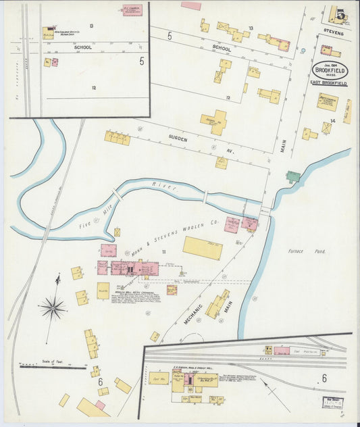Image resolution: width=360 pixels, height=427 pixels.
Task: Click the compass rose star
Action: pyautogui.click(x=52, y=308)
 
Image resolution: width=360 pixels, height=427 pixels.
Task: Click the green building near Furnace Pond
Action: pyautogui.click(x=292, y=177)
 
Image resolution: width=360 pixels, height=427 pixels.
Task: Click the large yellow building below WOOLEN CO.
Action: pyautogui.click(x=202, y=248)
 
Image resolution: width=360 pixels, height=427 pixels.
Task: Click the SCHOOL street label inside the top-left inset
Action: pyautogui.click(x=82, y=47)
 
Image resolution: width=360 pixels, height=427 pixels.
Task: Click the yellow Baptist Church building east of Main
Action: pyautogui.click(x=327, y=101)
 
